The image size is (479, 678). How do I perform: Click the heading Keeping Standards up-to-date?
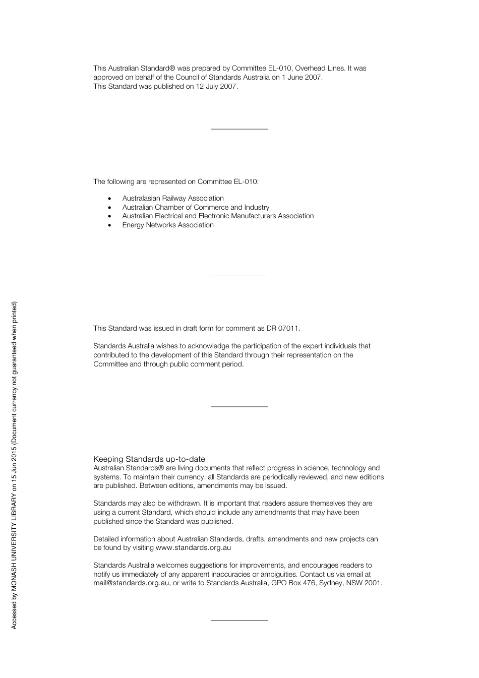point(149,459)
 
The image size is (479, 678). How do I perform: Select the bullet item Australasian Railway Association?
point(173,198)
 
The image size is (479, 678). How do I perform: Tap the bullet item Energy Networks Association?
point(168,225)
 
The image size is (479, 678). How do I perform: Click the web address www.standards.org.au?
point(193,547)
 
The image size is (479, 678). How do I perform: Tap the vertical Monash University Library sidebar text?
point(14,465)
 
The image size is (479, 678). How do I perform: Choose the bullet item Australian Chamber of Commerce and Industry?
point(196,207)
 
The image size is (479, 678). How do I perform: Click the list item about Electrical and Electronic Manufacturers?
point(218,216)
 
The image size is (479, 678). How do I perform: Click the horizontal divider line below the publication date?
point(239,130)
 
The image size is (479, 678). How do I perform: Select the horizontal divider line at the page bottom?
point(239,620)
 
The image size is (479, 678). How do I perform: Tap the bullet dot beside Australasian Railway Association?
point(109,199)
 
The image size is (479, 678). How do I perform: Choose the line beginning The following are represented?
point(176,181)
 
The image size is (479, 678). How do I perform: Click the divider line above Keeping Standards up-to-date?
point(239,406)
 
